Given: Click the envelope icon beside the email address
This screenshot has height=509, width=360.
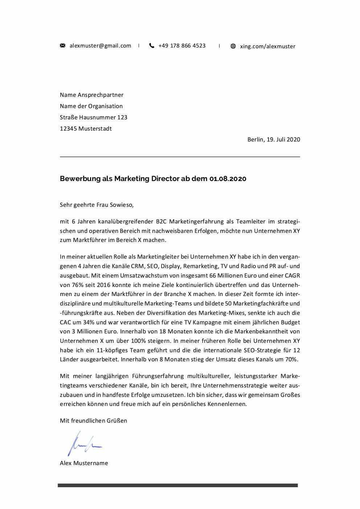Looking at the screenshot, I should coord(62,46).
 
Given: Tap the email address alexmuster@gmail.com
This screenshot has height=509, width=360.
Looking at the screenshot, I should coord(100,46).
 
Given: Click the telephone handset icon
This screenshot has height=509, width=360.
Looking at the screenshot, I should coord(152,46).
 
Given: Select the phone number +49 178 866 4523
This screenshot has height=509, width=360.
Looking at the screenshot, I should coord(182,46).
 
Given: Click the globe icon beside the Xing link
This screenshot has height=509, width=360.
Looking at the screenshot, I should coord(233,46).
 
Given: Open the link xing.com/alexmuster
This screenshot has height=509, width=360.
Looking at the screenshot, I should coord(267,46).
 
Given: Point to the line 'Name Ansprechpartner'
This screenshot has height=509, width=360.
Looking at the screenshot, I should coord(91,95).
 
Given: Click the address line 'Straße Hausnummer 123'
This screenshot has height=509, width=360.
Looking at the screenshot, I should coord(93,118).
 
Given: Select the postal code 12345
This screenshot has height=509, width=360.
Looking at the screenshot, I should coord(68,129).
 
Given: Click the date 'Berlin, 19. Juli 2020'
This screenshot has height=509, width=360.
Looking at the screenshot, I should coord(274,140).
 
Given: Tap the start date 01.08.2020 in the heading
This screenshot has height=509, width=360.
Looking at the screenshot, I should coord(228,179).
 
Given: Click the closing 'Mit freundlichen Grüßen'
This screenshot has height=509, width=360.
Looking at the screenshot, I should coord(93,421).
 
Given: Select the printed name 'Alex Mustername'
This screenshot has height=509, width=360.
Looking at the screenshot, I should coord(84,463).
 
